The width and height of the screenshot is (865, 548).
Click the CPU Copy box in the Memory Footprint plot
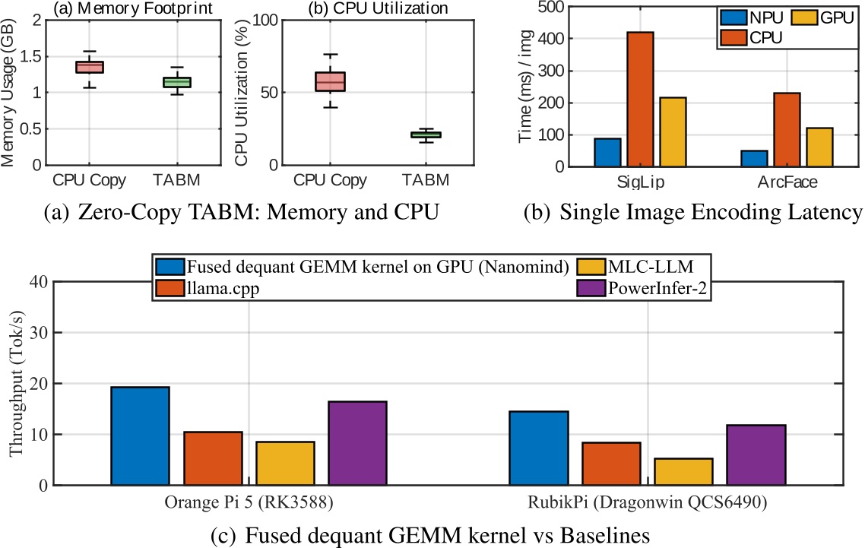89,67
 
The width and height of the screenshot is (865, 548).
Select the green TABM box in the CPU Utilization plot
426,135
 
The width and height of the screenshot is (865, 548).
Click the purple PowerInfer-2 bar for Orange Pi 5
357,443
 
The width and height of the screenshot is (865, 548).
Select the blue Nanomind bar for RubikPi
539,448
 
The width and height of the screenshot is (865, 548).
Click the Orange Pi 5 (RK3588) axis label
249,503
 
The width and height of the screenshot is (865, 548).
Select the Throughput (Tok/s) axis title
14,384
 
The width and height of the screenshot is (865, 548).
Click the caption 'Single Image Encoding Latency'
710,211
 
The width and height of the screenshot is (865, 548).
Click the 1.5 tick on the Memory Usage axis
35,56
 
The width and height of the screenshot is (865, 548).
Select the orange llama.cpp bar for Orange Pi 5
213,458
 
